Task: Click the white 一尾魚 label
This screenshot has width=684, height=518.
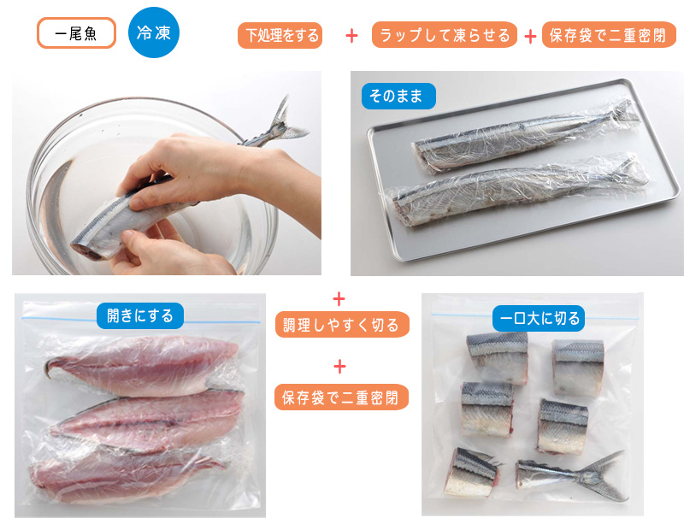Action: tap(76, 32)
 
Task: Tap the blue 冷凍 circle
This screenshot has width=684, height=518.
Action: tap(154, 32)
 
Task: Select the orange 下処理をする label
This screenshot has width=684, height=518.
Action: tap(280, 35)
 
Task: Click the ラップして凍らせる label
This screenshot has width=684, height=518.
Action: tap(445, 34)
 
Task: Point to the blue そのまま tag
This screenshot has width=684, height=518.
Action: tap(398, 96)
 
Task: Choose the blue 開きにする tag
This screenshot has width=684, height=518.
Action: tap(140, 315)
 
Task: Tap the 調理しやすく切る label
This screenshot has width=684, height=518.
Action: tap(342, 325)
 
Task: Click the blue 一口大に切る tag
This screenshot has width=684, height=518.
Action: tap(539, 318)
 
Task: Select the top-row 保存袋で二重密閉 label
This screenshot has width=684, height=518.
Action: tap(609, 34)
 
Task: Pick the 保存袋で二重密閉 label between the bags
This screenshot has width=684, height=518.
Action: tap(341, 397)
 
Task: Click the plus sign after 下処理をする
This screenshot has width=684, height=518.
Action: tap(351, 36)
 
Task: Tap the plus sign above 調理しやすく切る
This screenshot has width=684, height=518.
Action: tap(339, 299)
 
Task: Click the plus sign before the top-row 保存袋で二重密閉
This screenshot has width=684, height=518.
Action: tap(530, 37)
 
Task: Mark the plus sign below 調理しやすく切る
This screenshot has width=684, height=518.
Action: tap(339, 367)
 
